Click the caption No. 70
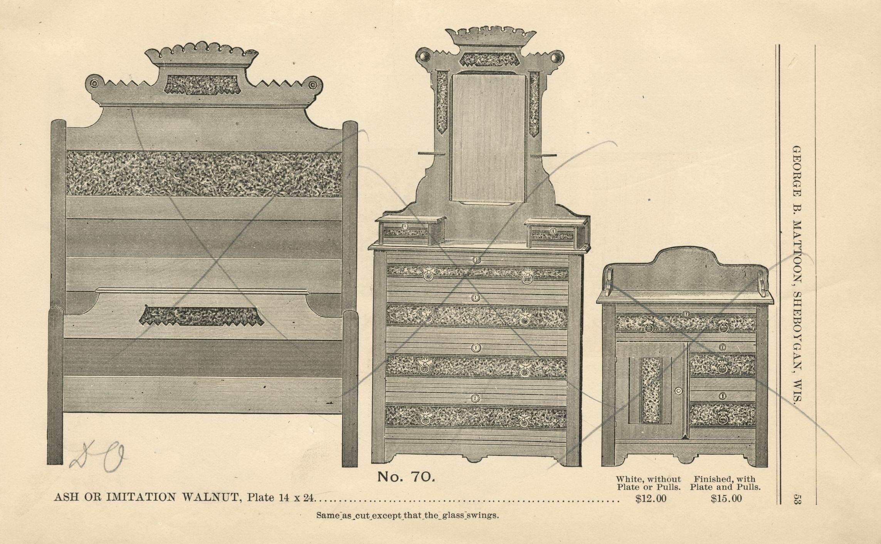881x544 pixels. (x=406, y=477)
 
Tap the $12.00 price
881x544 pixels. (x=651, y=499)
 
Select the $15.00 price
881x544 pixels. (x=726, y=499)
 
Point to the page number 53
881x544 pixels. (x=797, y=499)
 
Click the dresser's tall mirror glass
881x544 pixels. (x=488, y=138)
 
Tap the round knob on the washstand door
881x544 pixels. (x=679, y=391)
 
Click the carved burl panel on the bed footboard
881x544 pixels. (x=201, y=316)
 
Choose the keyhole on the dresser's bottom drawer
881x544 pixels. (x=475, y=398)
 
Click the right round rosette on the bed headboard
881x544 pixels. (x=313, y=84)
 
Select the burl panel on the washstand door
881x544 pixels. (x=651, y=389)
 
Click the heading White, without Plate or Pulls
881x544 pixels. (x=648, y=483)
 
